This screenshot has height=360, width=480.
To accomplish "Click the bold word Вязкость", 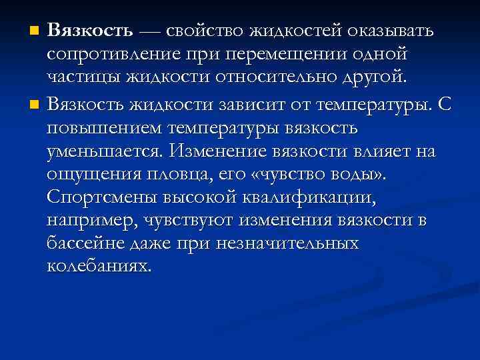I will (x=91, y=31).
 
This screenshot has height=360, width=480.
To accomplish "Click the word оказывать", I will (x=389, y=31).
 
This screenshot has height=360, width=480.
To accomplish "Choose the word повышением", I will (x=108, y=128).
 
